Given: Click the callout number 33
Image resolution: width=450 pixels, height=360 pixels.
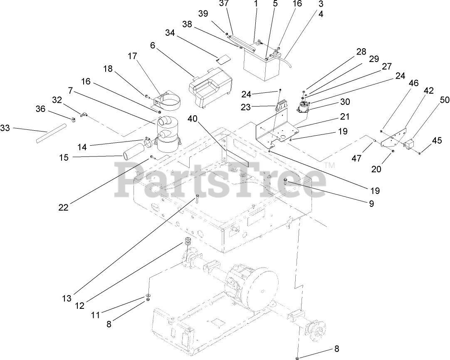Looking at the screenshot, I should point(5,129).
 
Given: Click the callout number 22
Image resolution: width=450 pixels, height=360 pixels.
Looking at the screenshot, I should point(63,207).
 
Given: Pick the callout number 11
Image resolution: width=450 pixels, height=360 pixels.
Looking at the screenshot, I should point(96,315).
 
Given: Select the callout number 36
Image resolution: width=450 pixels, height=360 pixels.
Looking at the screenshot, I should point(40,109).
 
